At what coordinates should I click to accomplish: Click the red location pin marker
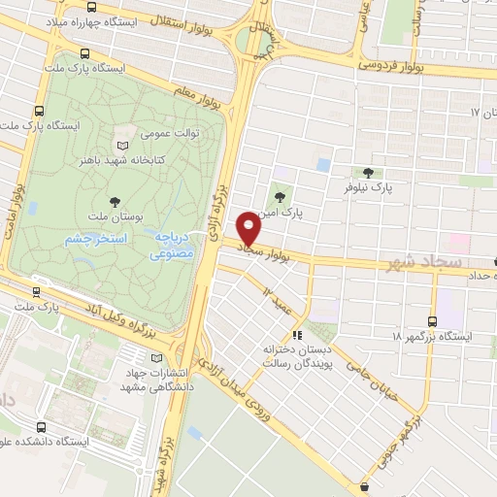249,228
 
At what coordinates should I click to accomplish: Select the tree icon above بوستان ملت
116,201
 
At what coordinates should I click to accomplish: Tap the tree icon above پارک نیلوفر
368,172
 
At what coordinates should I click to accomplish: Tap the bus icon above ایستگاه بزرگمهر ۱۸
432,320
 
